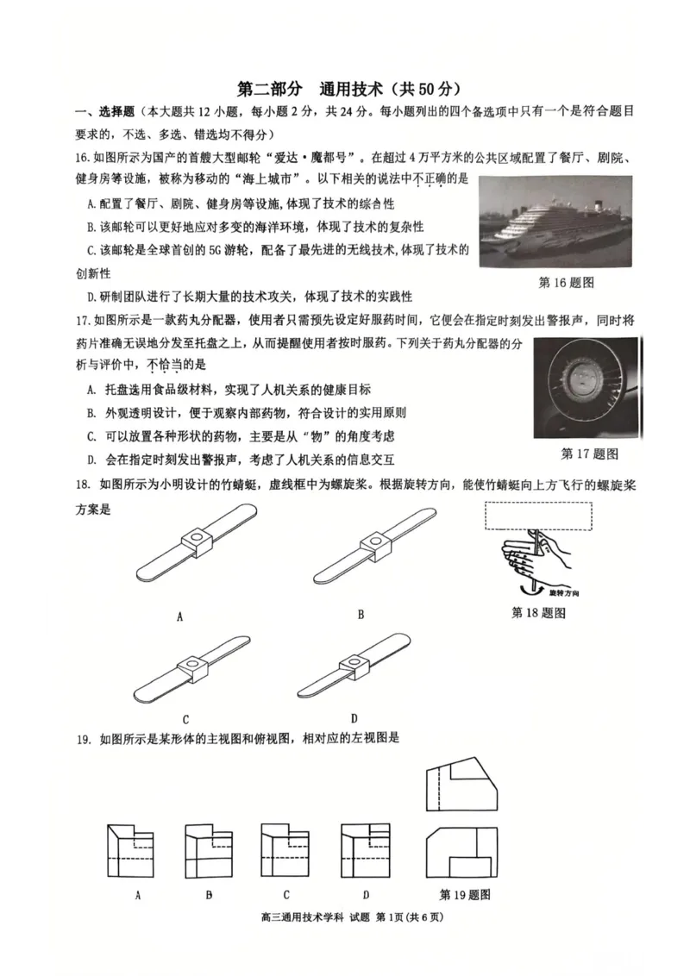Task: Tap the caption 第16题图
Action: [x=567, y=282]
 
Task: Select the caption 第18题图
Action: [x=538, y=612]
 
